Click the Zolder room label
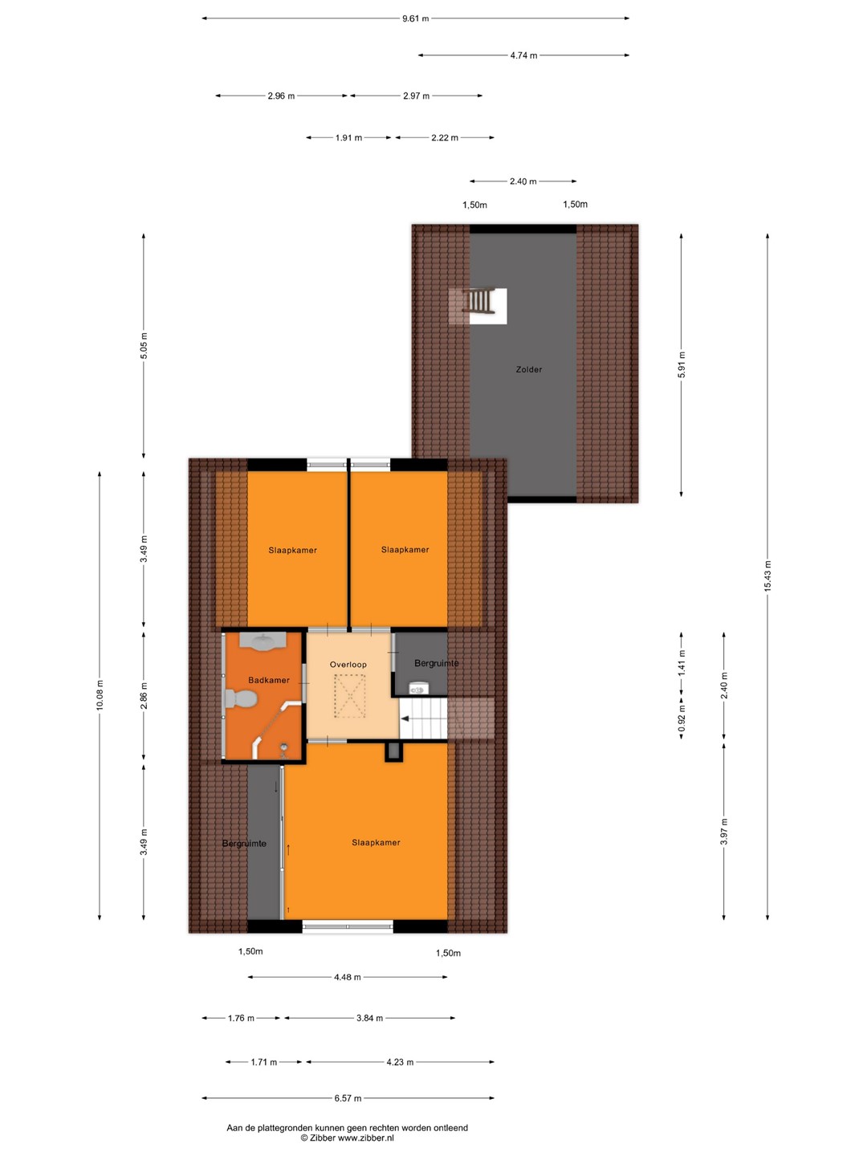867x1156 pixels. point(528,369)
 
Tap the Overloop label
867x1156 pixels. point(348,665)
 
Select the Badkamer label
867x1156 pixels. point(268,680)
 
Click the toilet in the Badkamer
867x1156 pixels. point(241,699)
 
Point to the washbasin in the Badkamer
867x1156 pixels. point(263,641)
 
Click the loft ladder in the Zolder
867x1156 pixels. point(479,300)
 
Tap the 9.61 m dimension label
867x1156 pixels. point(415,18)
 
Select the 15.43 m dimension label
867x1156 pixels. point(767,576)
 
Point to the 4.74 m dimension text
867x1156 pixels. point(523,55)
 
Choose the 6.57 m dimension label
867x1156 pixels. point(348,1098)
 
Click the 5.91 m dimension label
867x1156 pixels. point(682,364)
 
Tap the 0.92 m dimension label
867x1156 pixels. point(682,718)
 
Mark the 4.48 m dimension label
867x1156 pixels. point(347,977)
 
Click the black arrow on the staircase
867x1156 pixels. point(405,718)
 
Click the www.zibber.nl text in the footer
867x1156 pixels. point(365,1138)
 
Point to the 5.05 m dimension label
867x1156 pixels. point(144,345)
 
